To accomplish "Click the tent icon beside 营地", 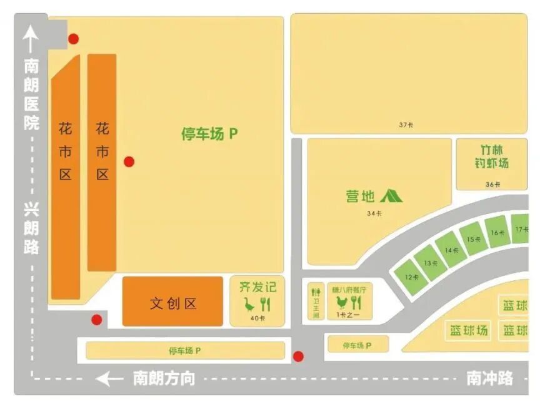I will (x=391, y=196).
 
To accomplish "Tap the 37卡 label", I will (x=406, y=125).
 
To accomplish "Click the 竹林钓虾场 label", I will (x=491, y=157).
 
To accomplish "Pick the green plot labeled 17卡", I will (x=521, y=229).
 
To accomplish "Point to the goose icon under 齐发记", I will (x=249, y=305).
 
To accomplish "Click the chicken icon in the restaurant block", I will (x=341, y=303).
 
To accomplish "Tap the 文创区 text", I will (x=173, y=303).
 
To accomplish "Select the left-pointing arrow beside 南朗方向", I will (x=110, y=379).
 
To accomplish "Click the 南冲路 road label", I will (x=490, y=378).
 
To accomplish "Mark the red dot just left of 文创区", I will (x=96, y=320).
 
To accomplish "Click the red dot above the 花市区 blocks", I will (x=74, y=39).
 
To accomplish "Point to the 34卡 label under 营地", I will (x=374, y=213).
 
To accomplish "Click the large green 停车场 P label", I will (x=209, y=134).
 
